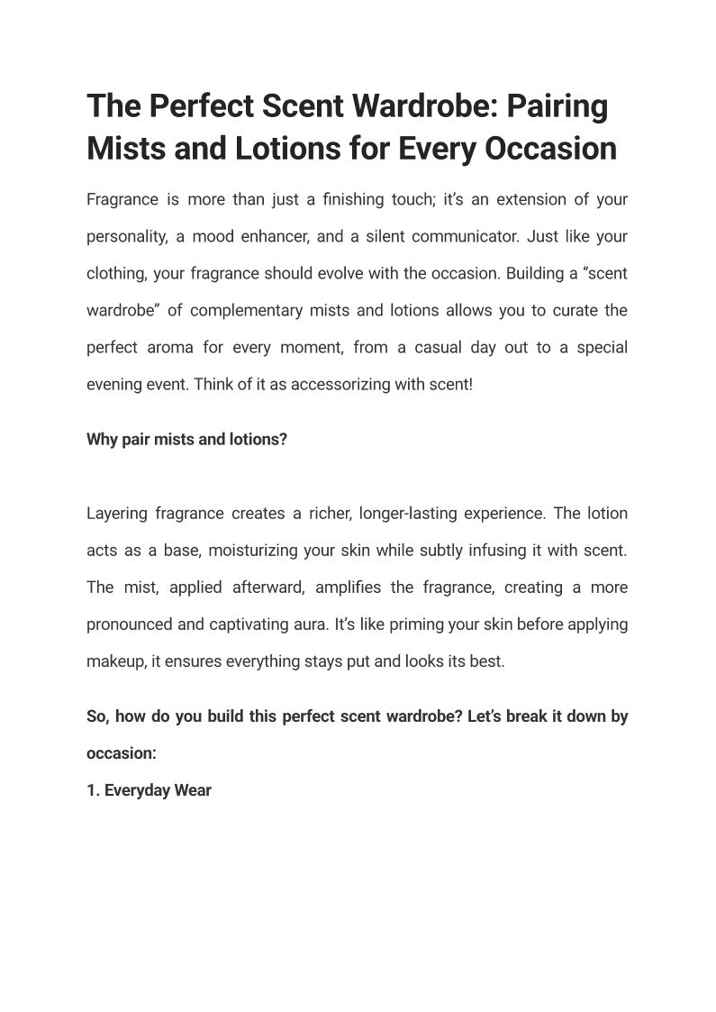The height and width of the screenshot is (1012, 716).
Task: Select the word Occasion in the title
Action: (551, 149)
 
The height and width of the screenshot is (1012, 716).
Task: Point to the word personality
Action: (126, 237)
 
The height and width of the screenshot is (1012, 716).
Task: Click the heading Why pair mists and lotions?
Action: (186, 441)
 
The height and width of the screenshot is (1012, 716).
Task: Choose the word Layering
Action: (116, 514)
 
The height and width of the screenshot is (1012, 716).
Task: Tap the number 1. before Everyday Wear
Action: (93, 790)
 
